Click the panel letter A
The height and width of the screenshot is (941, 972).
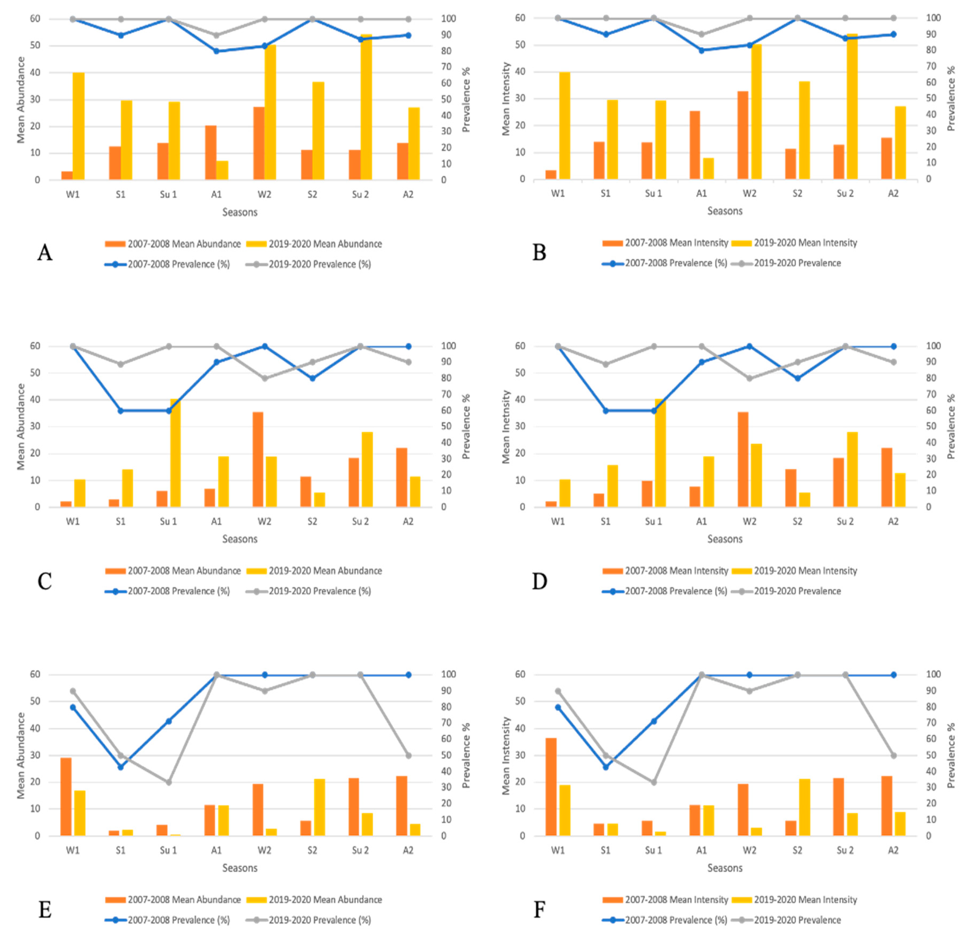click(x=45, y=253)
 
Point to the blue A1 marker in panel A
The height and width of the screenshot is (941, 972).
click(x=216, y=51)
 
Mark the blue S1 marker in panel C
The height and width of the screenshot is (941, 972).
click(x=120, y=410)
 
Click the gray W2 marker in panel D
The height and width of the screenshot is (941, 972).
click(x=749, y=378)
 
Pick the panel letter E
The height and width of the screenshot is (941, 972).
click(x=45, y=910)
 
